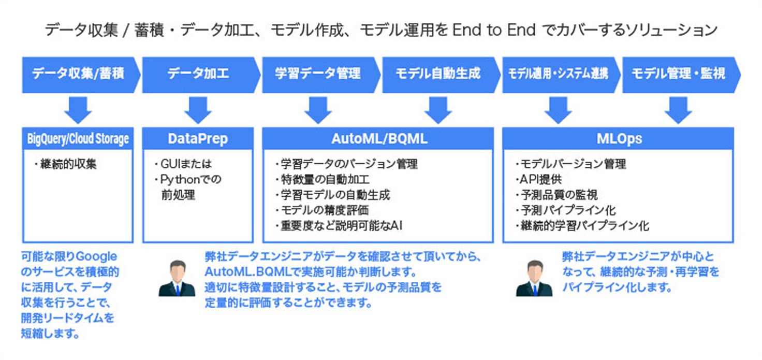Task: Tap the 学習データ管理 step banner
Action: (318, 74)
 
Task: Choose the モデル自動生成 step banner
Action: (438, 74)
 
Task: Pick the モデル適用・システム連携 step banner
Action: (558, 74)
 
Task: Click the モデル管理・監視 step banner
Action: (678, 74)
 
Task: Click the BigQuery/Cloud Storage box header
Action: (78, 139)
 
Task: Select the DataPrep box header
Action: (198, 139)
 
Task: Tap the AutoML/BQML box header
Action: (378, 139)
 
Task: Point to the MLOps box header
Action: (618, 139)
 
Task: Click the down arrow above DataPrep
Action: (198, 109)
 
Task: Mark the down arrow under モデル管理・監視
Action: (678, 109)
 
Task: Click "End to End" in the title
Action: (493, 31)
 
